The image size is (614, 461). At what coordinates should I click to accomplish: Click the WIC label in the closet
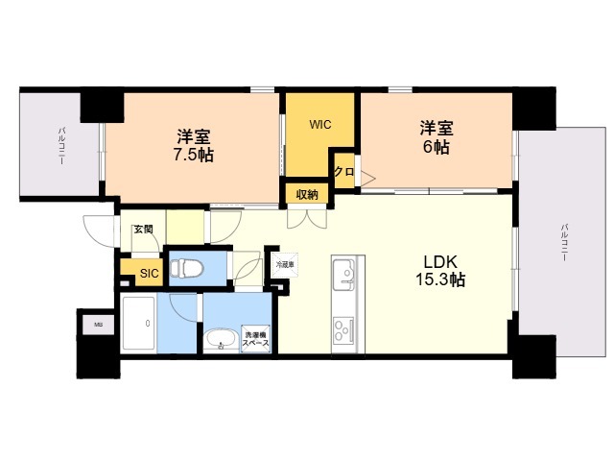[320, 124]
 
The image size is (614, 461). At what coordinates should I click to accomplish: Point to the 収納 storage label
[306, 193]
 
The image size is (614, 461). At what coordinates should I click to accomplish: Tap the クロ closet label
[342, 172]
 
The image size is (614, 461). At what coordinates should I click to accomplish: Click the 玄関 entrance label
[143, 229]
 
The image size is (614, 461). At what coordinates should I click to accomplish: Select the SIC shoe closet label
[148, 274]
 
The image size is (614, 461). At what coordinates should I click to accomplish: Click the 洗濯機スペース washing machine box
[255, 338]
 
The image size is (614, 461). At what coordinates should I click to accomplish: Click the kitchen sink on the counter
[345, 278]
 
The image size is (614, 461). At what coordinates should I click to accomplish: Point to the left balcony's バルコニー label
[59, 145]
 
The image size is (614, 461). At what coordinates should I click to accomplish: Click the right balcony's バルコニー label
[563, 246]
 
